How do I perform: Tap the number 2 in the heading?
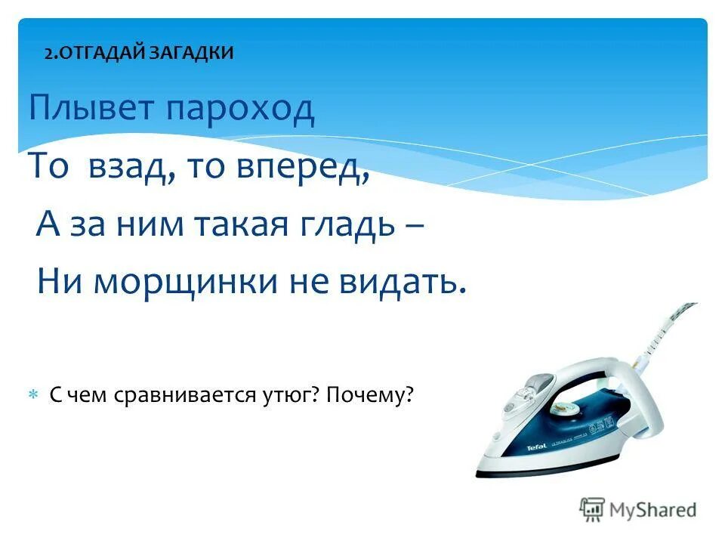pos(48,53)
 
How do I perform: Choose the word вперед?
pos(307,168)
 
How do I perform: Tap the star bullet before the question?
pos(33,395)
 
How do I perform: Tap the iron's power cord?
pos(665,325)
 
